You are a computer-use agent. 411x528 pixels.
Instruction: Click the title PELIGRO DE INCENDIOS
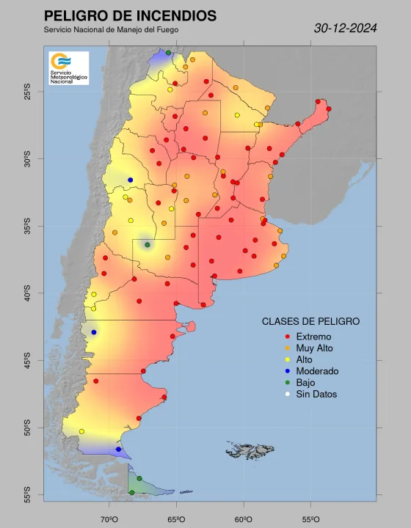tap(130, 15)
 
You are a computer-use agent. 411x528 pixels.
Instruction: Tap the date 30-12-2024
tap(345, 29)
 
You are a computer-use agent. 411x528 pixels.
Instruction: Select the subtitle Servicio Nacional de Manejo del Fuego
tap(111, 30)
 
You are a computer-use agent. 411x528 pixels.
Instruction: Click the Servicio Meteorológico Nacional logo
tap(68, 67)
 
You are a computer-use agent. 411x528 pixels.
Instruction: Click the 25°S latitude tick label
tap(27, 92)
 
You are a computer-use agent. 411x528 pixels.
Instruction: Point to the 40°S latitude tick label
tap(27, 293)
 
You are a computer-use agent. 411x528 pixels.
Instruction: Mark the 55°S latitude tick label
tap(27, 495)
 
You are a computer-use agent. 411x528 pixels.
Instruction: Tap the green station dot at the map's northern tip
tap(168, 53)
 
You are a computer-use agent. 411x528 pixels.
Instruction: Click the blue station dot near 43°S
tap(93, 332)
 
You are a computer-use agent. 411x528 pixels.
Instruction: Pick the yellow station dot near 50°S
tap(81, 431)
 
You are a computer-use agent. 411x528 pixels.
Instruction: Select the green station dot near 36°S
tap(148, 245)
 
